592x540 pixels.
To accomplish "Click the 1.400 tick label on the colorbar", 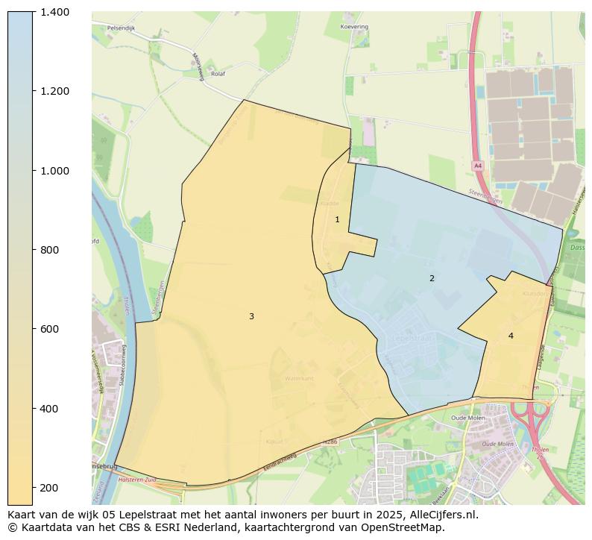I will point(54,12).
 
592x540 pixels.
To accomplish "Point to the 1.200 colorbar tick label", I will point(54,91).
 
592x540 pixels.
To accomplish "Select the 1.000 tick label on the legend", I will point(54,171).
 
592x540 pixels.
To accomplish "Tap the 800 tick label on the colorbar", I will point(50,250).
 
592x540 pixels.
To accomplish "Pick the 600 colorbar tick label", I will point(50,329).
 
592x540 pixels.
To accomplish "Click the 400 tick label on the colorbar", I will point(50,409).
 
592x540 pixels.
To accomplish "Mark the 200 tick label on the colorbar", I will point(50,488).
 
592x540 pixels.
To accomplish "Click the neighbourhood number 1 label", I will point(337,219).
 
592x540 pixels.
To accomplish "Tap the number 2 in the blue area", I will point(432,278).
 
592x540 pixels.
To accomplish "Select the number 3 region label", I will point(251,316).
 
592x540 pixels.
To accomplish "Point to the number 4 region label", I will point(511,336).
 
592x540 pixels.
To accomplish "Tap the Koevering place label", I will point(354,26).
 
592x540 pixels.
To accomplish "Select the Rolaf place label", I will point(218,74).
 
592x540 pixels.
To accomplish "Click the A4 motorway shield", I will point(478,166).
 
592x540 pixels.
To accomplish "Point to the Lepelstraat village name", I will point(413,338).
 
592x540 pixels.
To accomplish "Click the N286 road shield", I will point(330,443).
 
